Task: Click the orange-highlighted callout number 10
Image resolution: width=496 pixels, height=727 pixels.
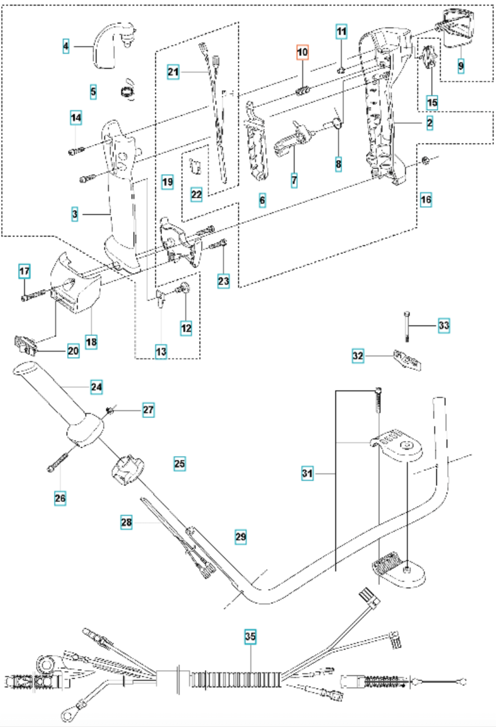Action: click(302, 52)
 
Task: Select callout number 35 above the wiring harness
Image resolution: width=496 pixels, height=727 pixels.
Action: click(250, 636)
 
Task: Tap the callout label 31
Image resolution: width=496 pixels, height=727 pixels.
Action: click(307, 473)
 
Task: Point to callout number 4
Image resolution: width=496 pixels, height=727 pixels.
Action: click(66, 46)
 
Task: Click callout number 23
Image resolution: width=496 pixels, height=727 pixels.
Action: click(223, 281)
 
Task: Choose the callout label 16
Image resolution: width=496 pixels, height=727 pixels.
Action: click(426, 199)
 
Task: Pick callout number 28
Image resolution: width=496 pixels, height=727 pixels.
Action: click(126, 522)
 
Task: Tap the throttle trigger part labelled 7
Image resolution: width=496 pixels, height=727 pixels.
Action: click(292, 140)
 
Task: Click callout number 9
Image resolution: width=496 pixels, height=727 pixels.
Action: click(461, 66)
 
